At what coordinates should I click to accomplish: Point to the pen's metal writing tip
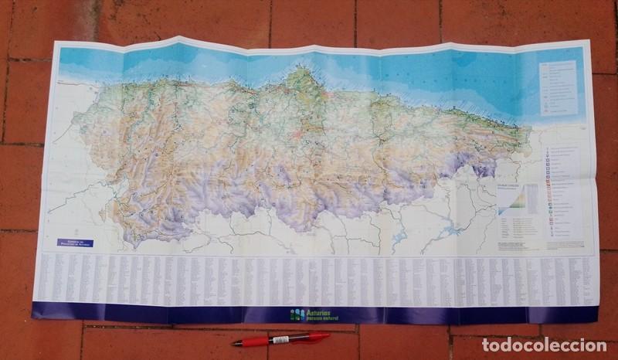point(233,342)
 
